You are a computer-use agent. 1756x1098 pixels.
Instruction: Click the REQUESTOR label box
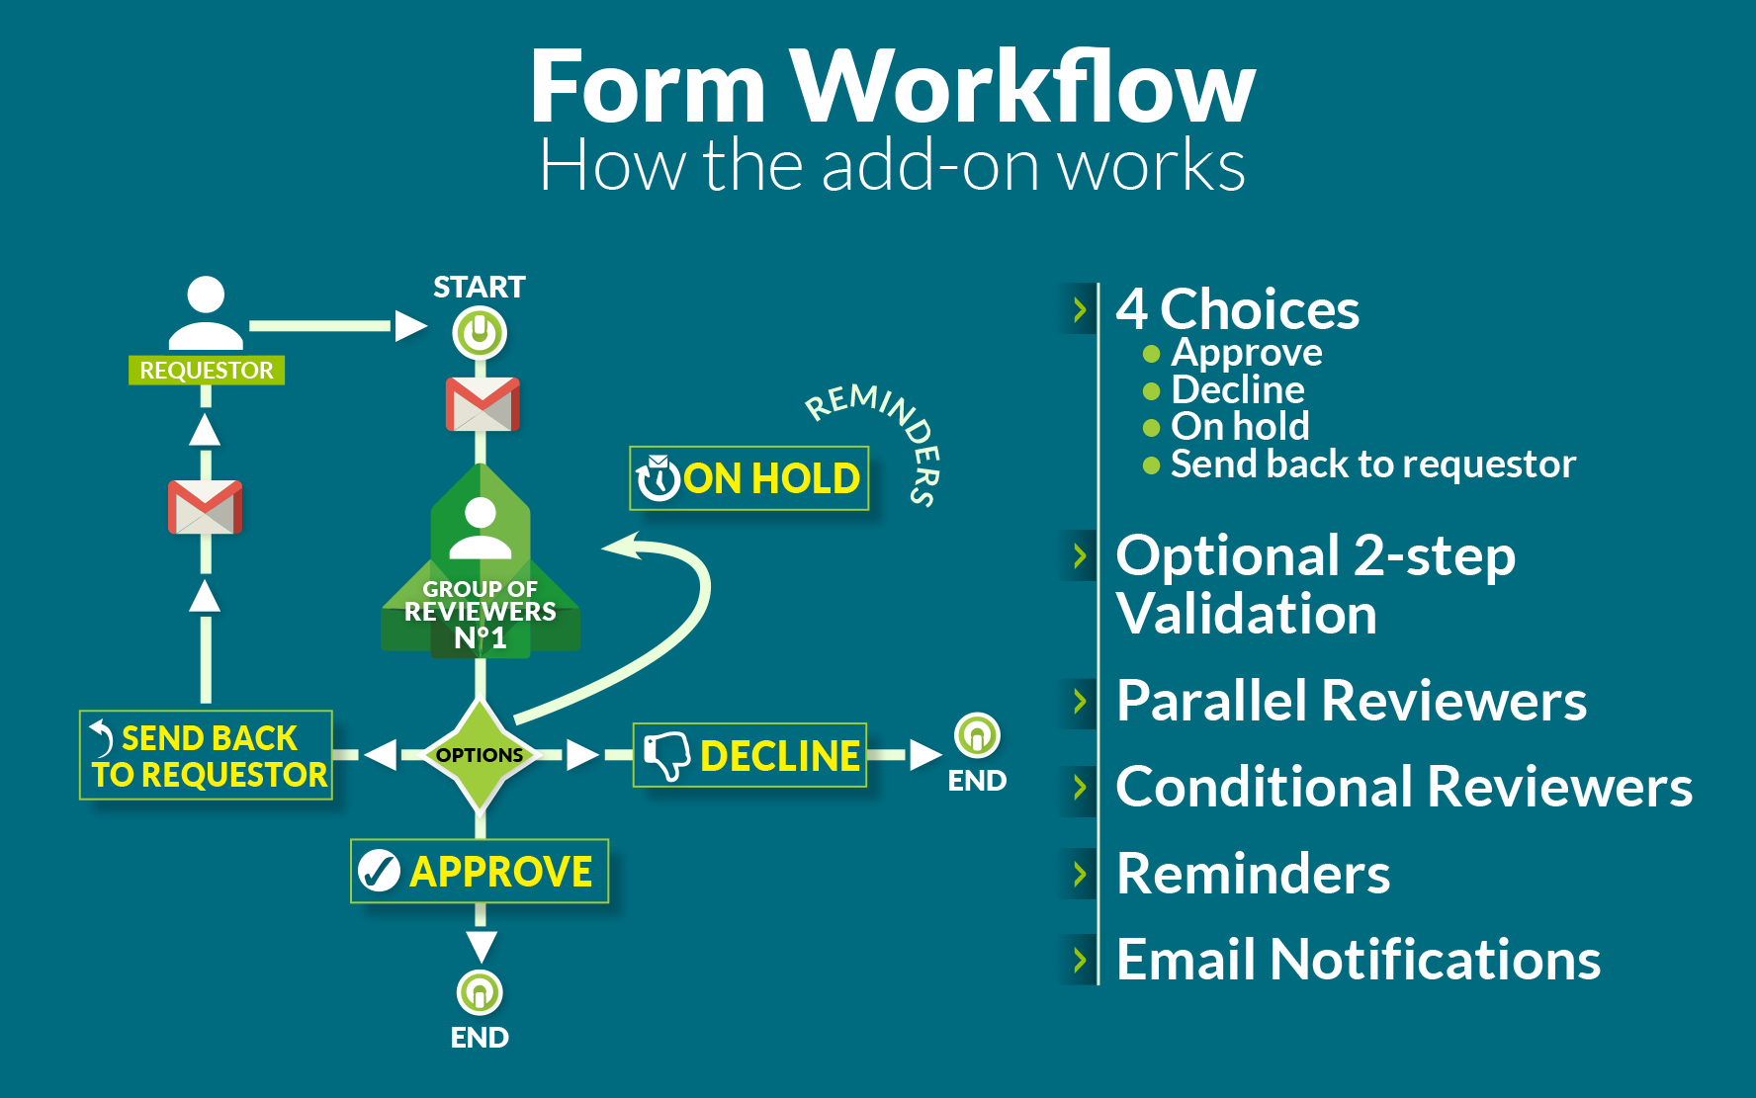point(207,371)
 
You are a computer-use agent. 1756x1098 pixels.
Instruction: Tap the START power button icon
point(480,332)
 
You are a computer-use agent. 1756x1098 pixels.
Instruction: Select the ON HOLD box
point(749,478)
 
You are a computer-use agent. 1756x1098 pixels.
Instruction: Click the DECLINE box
point(749,756)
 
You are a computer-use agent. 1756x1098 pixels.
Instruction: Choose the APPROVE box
point(480,872)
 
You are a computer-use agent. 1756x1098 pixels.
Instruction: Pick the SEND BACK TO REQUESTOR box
point(207,756)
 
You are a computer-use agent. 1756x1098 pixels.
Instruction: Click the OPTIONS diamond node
point(480,755)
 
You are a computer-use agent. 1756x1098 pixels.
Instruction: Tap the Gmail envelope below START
point(482,403)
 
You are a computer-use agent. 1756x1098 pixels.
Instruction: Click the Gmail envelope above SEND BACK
point(205,507)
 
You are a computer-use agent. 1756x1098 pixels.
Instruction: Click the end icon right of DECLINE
point(977,736)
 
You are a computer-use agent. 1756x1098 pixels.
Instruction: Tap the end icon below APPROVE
point(480,992)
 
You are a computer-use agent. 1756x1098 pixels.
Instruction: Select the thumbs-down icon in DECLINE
point(666,756)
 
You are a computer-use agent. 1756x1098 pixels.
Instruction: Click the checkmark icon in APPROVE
point(379,872)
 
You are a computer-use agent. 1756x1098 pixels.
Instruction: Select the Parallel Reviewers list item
point(1351,702)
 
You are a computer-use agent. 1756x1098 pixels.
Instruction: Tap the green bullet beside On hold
point(1151,428)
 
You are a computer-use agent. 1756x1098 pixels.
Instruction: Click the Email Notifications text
point(1358,960)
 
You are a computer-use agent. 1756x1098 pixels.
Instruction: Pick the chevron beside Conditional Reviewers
point(1080,788)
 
